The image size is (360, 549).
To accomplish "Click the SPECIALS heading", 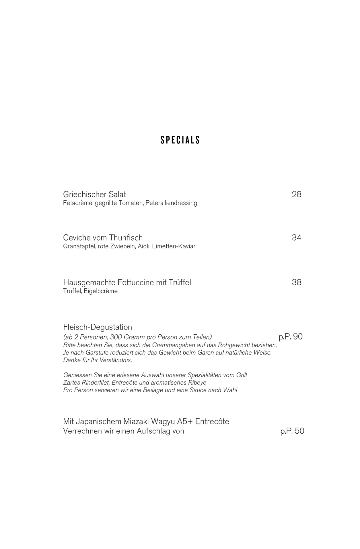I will (x=180, y=140).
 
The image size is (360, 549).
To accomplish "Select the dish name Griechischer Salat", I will (x=94, y=195).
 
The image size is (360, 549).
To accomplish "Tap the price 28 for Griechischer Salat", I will (x=297, y=195).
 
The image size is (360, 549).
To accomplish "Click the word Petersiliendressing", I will (x=171, y=203).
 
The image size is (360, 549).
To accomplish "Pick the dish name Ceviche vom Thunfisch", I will (x=103, y=238).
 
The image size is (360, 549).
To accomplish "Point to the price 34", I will (x=297, y=238).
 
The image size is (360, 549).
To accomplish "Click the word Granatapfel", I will (x=79, y=247).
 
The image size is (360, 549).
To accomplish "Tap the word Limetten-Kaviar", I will (x=174, y=247).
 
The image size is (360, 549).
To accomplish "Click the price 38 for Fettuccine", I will (x=297, y=282).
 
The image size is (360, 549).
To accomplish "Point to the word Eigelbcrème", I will (x=101, y=291).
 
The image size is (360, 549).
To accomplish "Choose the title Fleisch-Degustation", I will (x=98, y=327).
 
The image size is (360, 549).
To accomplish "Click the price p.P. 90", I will (x=291, y=337).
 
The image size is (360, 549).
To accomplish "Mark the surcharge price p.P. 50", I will (x=292, y=431).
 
